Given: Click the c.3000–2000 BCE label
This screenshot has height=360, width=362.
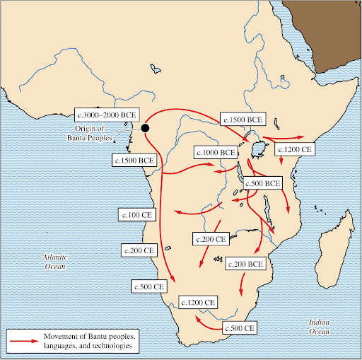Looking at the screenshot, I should click(x=107, y=115).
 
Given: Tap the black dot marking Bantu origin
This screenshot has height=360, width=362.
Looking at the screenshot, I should click(x=145, y=128).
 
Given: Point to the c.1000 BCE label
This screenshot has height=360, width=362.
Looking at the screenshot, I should click(x=216, y=152).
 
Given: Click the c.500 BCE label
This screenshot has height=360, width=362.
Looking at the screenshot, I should click(x=262, y=183).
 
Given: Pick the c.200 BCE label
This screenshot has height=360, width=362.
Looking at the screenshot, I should click(x=245, y=263).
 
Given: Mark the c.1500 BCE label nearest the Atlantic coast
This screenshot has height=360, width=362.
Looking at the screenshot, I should click(x=134, y=161).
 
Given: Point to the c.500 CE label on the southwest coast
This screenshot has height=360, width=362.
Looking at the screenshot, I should click(x=150, y=286).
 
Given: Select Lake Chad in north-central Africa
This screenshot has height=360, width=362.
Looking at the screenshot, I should click(x=153, y=69).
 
